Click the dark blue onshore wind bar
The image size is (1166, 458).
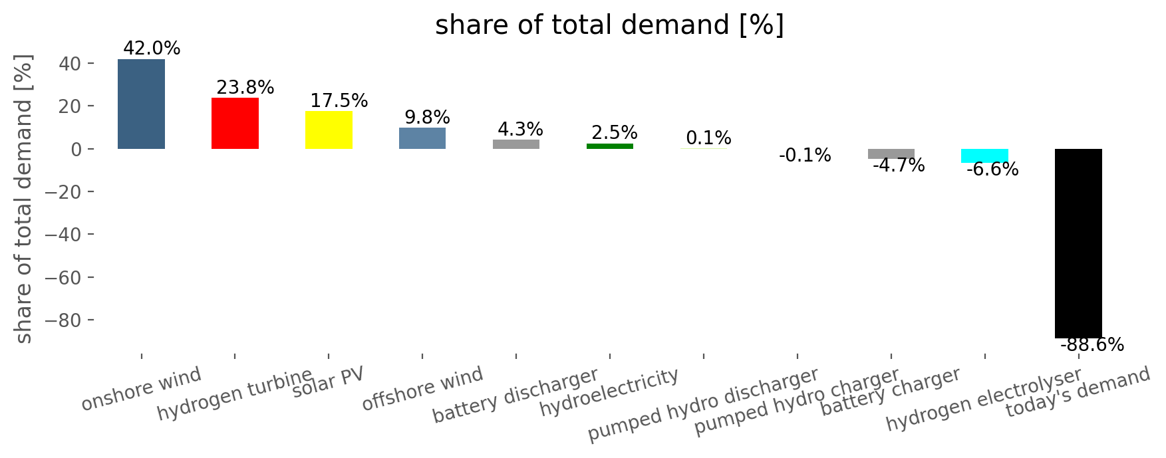141,104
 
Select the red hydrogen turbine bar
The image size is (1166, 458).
235,123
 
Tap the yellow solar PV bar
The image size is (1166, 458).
329,130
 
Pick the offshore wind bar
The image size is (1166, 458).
422,138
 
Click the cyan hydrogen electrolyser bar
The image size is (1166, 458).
984,156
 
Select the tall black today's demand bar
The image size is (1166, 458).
1078,243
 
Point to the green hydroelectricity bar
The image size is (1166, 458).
610,146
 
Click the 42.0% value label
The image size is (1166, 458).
152,49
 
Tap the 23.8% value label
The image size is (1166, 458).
245,88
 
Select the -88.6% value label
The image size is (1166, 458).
1092,345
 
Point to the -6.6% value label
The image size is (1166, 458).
992,170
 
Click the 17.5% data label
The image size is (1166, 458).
339,101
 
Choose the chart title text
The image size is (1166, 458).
610,25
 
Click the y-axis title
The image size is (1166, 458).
24,199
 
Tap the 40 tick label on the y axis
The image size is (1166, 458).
73,64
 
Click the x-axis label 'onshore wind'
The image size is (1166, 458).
141,390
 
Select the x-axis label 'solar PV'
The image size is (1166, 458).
329,382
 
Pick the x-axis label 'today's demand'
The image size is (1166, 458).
1078,393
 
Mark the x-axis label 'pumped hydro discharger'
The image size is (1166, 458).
703,404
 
